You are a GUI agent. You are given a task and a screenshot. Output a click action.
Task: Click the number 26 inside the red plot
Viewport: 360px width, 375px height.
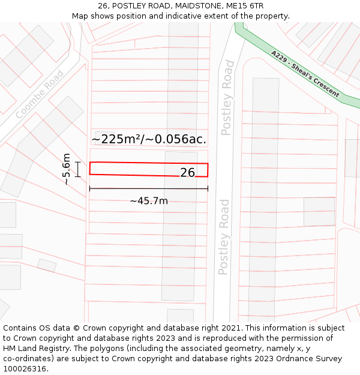(x=187, y=172)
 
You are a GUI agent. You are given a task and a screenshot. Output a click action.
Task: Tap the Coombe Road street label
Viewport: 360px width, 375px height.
(x=40, y=94)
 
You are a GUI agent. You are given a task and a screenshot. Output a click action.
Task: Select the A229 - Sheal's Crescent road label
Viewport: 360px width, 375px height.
(x=304, y=74)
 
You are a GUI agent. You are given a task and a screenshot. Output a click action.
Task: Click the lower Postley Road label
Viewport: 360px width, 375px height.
(x=224, y=237)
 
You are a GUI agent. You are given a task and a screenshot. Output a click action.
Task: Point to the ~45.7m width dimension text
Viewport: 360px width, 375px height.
(x=149, y=201)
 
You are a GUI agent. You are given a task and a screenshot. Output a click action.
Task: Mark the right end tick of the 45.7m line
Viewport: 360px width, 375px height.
(x=208, y=188)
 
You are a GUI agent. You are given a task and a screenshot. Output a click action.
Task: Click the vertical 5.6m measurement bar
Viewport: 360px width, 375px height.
(x=78, y=169)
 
